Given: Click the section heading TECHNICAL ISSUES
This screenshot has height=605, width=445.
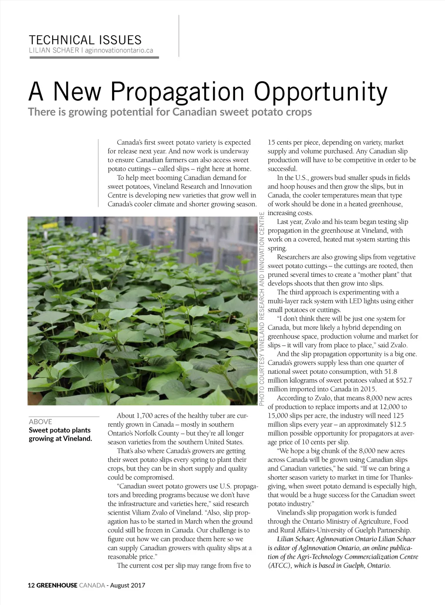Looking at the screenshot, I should (x=85, y=40).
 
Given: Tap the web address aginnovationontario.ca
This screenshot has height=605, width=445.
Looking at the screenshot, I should (x=119, y=50).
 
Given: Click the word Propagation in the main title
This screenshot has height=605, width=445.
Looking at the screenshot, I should (x=178, y=92).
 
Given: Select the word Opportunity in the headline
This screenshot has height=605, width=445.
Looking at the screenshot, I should (x=321, y=92).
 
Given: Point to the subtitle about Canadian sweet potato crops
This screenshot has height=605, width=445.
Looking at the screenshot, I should (x=170, y=112).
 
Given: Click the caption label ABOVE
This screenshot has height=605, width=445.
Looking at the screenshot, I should (x=40, y=422).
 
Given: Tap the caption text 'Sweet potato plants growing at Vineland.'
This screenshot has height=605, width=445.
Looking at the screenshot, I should (x=60, y=434).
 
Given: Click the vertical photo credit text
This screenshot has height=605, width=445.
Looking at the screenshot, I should (x=262, y=308).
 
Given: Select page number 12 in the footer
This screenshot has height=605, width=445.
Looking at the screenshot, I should (x=31, y=585).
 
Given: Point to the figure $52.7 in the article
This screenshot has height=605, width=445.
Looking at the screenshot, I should (x=403, y=380).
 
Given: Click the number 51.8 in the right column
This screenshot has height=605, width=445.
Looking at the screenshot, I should (x=388, y=372).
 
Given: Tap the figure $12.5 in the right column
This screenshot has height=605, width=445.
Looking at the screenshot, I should (x=398, y=425).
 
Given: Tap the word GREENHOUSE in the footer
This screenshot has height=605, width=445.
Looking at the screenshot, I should (x=56, y=585).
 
